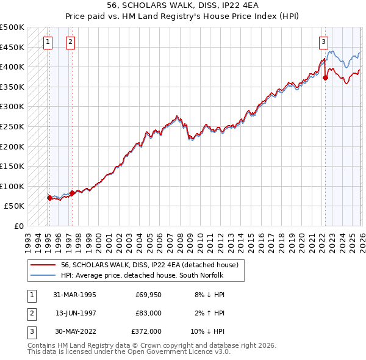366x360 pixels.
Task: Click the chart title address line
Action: tap(183, 5)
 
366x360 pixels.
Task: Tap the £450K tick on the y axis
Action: tap(12, 47)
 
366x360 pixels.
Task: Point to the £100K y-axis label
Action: tap(12, 186)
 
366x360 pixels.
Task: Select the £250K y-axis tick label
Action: tap(12, 126)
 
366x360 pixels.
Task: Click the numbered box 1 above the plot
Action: tap(48, 42)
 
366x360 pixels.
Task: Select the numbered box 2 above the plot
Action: tap(71, 42)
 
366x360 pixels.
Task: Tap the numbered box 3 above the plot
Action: tap(323, 42)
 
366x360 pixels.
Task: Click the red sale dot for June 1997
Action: tap(73, 193)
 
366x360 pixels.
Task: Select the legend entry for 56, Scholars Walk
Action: tap(152, 265)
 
